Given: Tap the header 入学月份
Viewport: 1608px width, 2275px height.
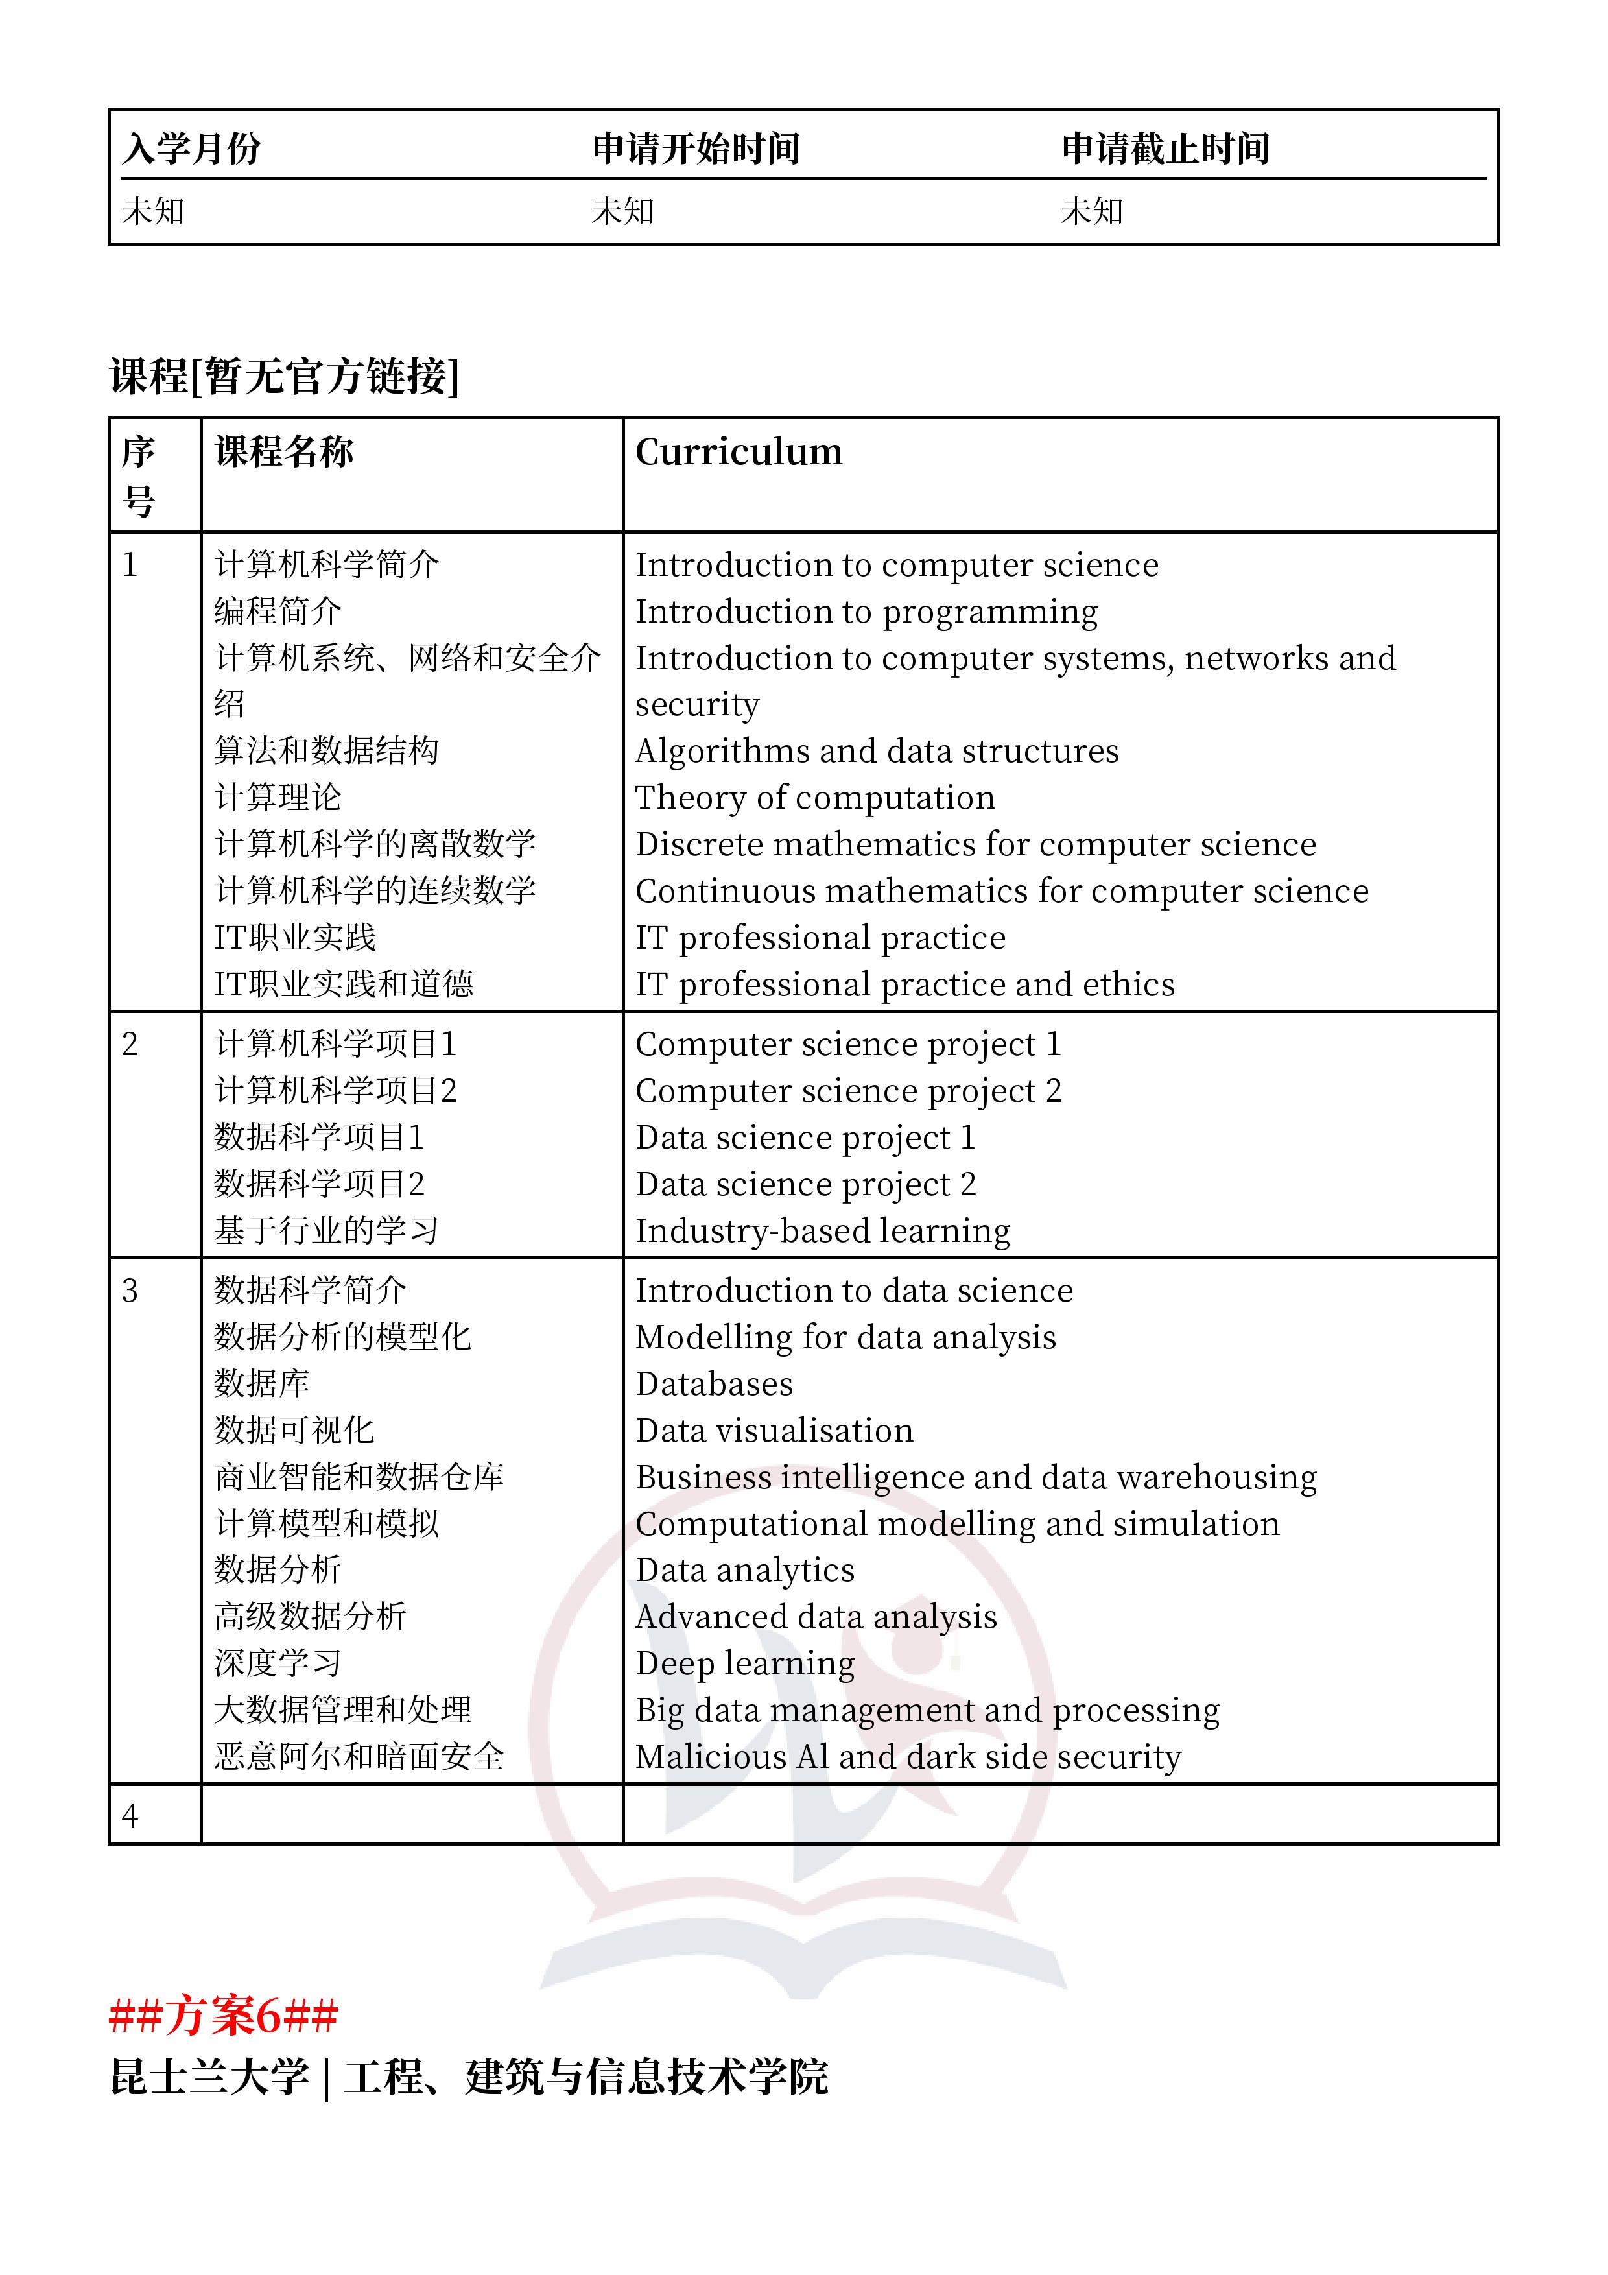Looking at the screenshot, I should point(191,149).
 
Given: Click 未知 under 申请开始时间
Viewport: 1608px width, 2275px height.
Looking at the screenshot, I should point(622,211).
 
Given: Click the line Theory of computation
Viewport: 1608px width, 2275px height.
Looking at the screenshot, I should point(814,798).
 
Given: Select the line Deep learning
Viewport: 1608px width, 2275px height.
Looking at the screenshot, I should point(744,1663).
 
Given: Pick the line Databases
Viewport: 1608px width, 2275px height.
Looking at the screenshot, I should point(713,1383).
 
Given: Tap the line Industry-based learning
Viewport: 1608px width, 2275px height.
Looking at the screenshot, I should point(822,1231).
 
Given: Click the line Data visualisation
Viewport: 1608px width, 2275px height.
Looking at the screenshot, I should point(774,1430).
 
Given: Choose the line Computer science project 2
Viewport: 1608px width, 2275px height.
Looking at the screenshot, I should point(848,1091).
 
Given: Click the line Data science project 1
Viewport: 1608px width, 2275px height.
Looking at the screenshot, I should point(805,1137).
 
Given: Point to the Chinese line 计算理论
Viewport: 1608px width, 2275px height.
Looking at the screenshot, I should point(278,798).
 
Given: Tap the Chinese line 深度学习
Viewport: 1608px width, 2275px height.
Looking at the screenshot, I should point(278,1663).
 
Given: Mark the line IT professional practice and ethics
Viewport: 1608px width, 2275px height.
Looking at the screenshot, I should point(905,985).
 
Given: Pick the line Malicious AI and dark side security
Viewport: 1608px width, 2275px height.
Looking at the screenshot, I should point(908,1757).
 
